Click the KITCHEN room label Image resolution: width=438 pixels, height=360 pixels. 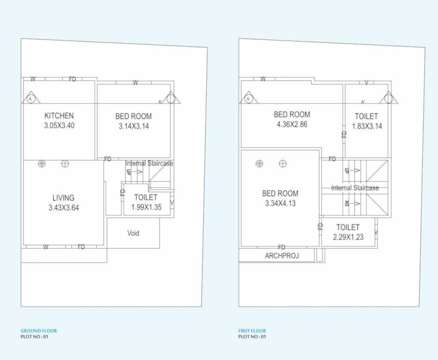[x=59, y=116]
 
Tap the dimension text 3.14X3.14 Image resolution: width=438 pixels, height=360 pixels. [x=134, y=126]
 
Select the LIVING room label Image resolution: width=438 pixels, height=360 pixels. [x=63, y=198]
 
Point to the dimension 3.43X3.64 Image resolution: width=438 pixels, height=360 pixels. [x=64, y=208]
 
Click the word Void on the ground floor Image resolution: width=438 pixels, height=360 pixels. [x=134, y=233]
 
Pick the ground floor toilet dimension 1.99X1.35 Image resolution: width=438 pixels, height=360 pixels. [x=146, y=207]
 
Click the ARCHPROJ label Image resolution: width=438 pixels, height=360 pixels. [x=282, y=256]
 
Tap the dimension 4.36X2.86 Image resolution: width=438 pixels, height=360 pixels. [x=292, y=125]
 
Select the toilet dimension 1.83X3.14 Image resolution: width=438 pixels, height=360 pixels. [x=367, y=126]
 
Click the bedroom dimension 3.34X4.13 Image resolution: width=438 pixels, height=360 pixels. [x=280, y=203]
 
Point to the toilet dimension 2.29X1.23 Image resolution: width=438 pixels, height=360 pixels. [x=348, y=237]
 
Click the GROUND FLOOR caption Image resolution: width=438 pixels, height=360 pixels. [x=39, y=331]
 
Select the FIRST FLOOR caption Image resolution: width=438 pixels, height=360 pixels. [x=252, y=331]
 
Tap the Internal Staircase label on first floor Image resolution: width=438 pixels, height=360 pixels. [x=355, y=188]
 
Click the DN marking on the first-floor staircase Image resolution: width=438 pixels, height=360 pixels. [x=347, y=203]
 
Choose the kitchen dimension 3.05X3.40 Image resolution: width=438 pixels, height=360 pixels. [x=59, y=126]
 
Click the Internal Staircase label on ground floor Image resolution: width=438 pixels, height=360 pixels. [x=149, y=164]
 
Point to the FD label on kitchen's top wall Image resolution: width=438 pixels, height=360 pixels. [x=72, y=79]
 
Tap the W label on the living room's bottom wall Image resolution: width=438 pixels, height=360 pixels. [x=46, y=247]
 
